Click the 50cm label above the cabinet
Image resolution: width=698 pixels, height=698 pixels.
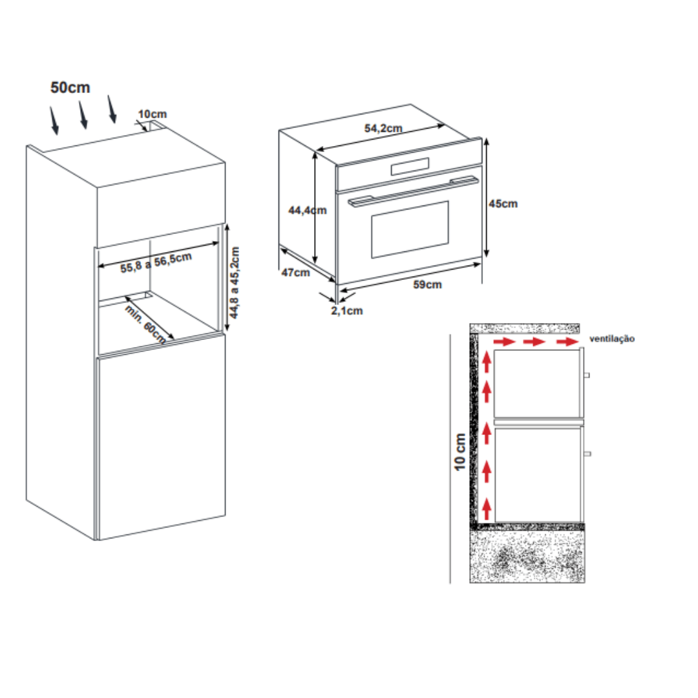(x=70, y=88)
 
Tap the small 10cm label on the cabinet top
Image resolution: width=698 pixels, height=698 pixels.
(x=152, y=114)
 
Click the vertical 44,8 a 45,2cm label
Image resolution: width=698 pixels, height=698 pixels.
(x=235, y=282)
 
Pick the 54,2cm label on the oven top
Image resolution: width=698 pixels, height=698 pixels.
(x=383, y=128)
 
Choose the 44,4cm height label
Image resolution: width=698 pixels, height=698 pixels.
(x=308, y=209)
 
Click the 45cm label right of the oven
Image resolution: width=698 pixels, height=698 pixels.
(x=503, y=204)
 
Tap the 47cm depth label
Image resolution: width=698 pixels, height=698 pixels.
(x=295, y=272)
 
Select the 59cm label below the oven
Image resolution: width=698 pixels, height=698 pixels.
(x=428, y=285)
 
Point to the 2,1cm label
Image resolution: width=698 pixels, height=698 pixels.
(x=347, y=311)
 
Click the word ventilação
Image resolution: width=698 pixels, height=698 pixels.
(x=612, y=339)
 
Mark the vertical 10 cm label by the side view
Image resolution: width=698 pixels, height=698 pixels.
(x=460, y=452)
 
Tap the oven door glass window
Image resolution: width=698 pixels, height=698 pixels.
(x=410, y=229)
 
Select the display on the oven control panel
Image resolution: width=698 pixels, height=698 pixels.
(x=409, y=167)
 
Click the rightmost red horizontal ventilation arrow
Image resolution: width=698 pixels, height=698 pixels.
(x=569, y=342)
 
